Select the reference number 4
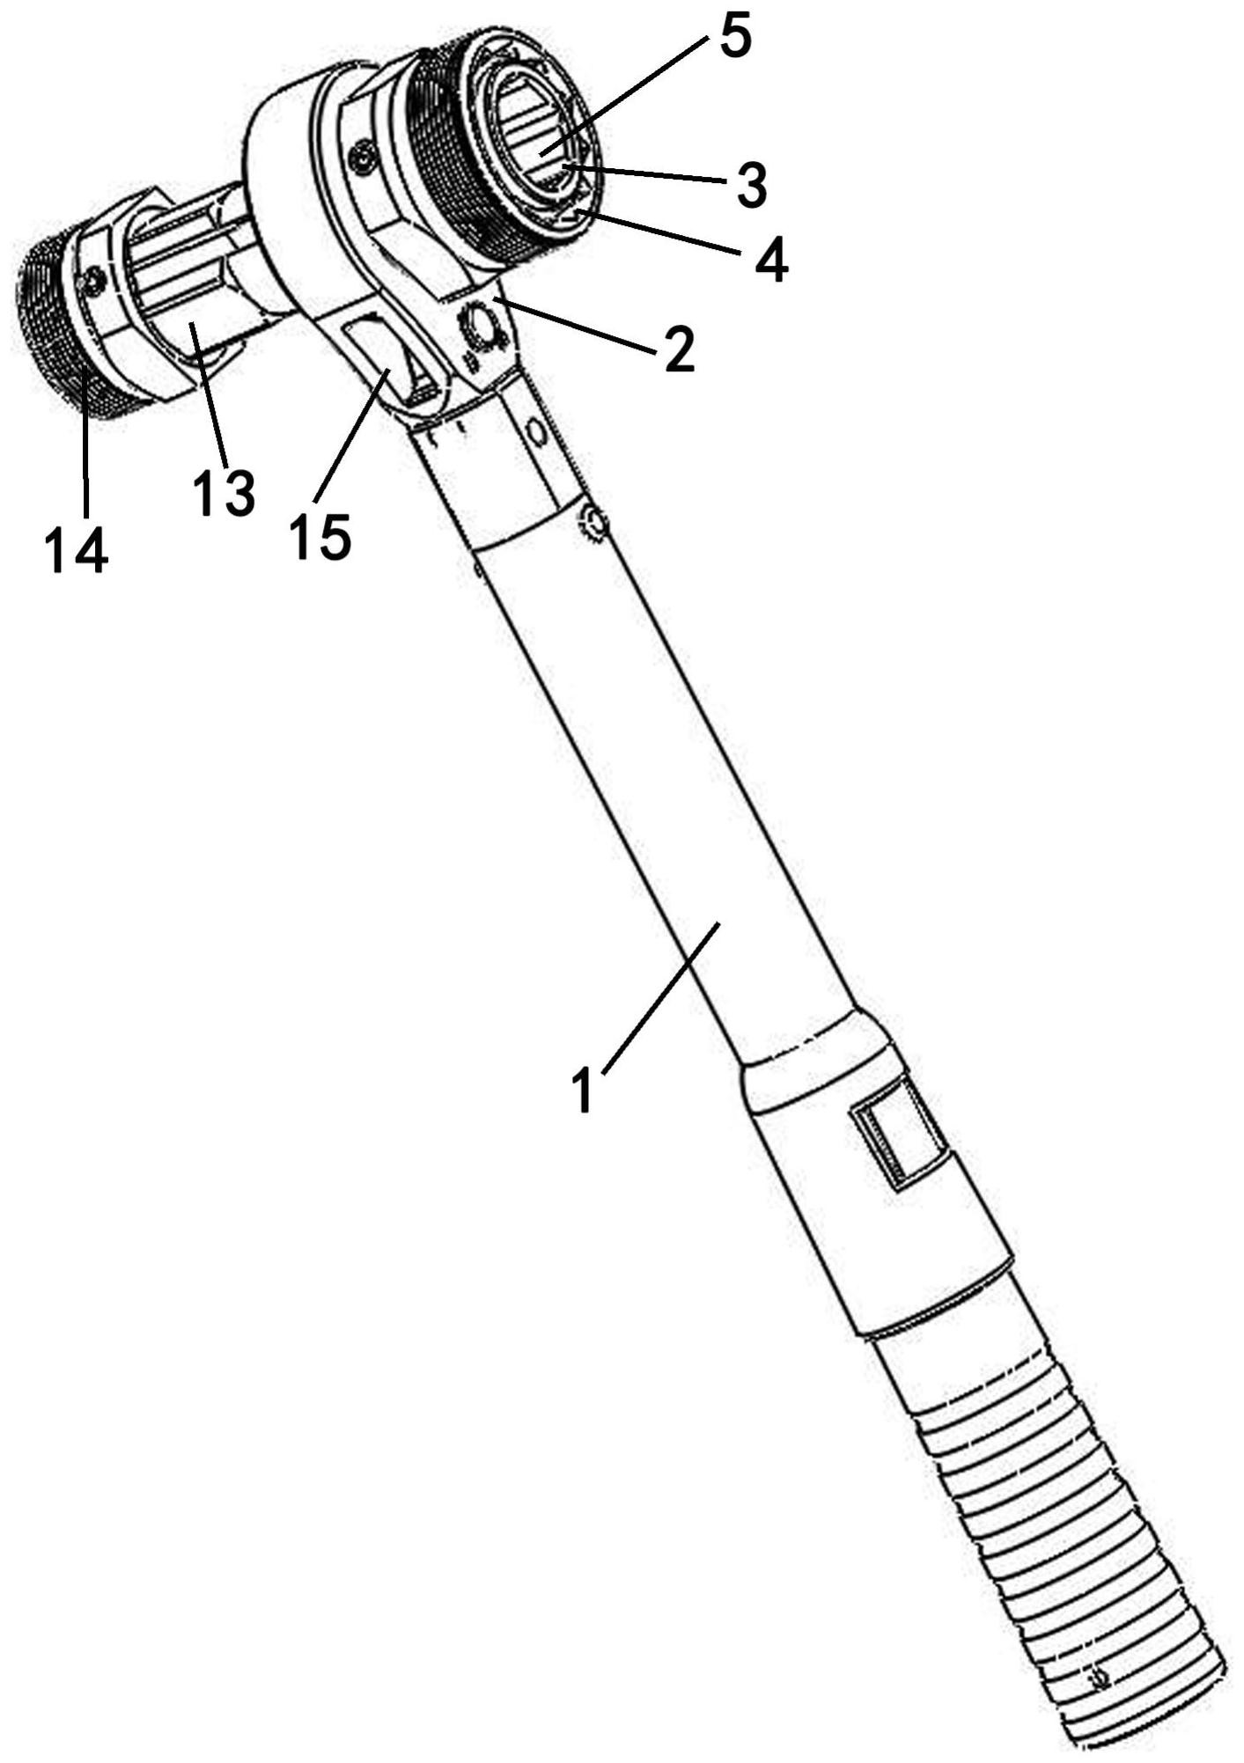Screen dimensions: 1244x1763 [769, 257]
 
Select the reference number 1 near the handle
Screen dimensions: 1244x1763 [582, 1090]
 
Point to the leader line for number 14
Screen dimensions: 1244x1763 [85, 444]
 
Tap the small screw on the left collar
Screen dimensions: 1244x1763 [89, 282]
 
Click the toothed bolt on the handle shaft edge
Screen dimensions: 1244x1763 [592, 523]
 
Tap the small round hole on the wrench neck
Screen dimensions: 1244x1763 [533, 431]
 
